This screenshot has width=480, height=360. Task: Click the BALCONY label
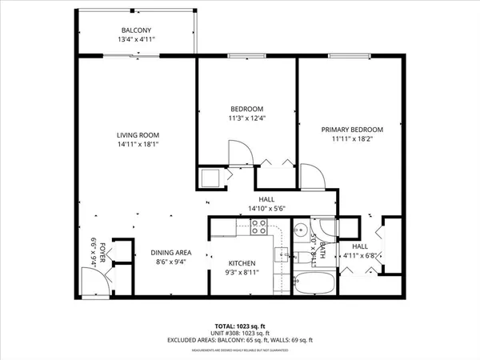[x=137, y=30]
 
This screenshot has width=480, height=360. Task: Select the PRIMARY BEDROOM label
[x=352, y=130]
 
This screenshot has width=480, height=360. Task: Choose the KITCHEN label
[x=241, y=263]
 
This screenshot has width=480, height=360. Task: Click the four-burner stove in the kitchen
[x=258, y=227]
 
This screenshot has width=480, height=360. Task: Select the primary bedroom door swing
[x=312, y=176]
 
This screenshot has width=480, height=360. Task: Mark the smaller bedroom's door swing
[x=240, y=152]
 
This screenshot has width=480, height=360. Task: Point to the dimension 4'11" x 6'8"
[x=358, y=256]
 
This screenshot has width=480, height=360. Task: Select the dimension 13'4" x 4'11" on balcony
[x=137, y=39]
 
